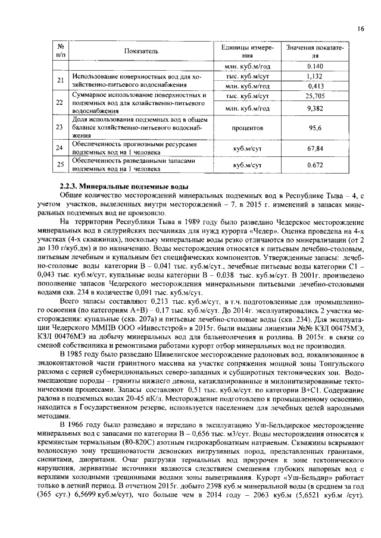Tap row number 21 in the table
pos(60,81)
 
